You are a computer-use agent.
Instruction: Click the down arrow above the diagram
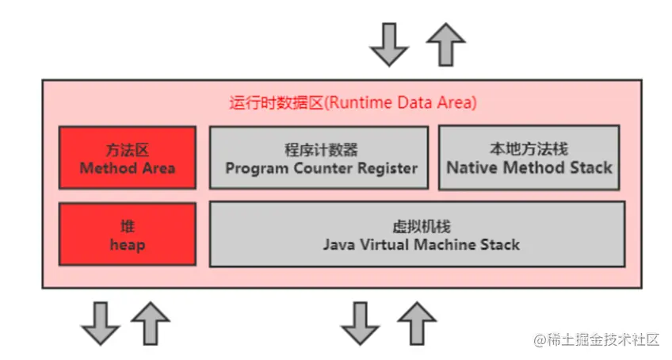pos(389,44)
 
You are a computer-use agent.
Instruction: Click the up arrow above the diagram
pos(446,44)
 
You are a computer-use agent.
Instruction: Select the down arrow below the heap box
pos(100,323)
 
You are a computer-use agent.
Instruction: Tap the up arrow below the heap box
pos(151,323)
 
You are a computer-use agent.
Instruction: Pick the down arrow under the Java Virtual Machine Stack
pos(361,323)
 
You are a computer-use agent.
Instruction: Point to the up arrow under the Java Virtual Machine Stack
pos(416,323)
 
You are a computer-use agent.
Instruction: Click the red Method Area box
pos(127,158)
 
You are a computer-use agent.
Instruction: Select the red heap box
pos(127,235)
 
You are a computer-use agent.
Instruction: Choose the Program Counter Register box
pos(319,158)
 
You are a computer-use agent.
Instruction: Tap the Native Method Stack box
pos(529,158)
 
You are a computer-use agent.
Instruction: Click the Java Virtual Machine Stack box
pos(417,235)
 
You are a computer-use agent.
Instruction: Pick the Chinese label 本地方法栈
pos(529,149)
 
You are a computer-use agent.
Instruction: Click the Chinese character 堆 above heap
pos(127,226)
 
